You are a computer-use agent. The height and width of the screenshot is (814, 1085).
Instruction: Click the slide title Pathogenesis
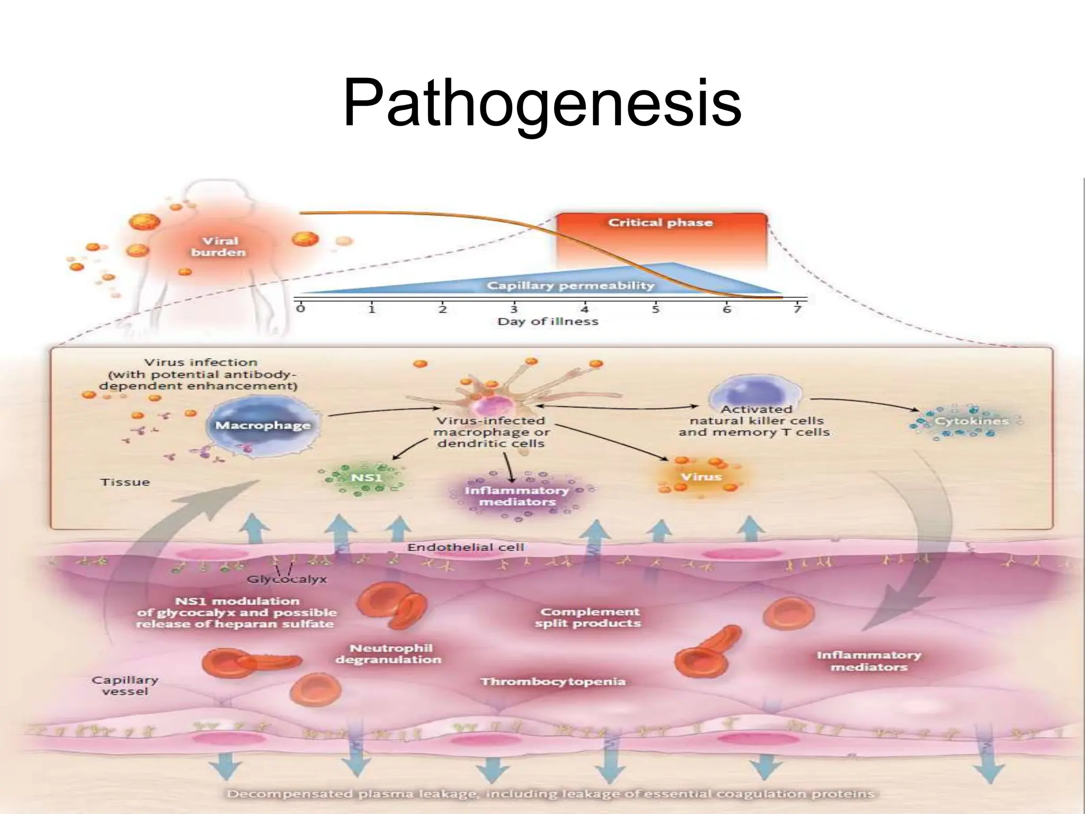point(541,103)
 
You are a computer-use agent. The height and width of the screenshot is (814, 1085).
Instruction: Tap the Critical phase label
point(660,223)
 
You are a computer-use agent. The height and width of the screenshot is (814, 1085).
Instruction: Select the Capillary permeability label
point(571,286)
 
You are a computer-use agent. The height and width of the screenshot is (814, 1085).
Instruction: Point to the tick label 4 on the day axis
point(584,309)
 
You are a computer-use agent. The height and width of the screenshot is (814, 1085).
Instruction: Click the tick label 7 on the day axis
point(798,309)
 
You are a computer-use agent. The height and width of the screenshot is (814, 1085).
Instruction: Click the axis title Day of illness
point(548,322)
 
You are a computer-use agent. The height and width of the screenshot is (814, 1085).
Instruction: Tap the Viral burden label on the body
point(219,247)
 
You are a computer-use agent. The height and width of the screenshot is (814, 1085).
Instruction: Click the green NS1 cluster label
point(366,477)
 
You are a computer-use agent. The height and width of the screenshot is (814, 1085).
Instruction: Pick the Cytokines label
point(972,421)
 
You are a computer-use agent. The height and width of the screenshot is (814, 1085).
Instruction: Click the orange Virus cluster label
point(701,476)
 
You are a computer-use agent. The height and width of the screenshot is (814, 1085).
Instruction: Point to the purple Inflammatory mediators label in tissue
point(517,496)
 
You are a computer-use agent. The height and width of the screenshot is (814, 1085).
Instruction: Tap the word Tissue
point(125,482)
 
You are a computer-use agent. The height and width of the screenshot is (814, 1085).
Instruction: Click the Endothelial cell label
point(465,547)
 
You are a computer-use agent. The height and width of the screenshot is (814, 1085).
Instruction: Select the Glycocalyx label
point(287,579)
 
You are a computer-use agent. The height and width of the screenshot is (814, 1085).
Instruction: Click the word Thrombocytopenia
point(553,682)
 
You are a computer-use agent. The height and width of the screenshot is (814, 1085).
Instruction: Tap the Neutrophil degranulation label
point(389,654)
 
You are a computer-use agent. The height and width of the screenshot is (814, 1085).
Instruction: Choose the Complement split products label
point(588,617)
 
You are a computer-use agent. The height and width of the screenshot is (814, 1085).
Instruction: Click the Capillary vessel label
point(124,686)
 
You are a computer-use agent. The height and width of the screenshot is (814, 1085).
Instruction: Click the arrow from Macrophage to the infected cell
point(381,411)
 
